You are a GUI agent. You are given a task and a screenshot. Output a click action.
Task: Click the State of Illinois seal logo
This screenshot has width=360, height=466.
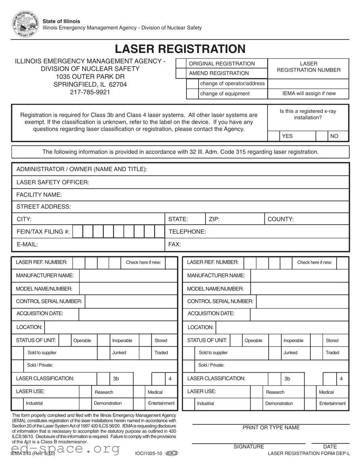(26, 25)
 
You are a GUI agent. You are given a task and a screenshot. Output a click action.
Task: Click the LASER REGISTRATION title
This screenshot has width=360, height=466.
(180, 49)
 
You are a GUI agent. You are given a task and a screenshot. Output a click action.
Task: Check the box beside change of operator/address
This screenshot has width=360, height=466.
(192, 84)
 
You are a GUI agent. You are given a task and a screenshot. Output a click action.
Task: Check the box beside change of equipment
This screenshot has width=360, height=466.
(192, 94)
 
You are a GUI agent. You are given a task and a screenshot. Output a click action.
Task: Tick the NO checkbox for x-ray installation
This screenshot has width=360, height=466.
(322, 136)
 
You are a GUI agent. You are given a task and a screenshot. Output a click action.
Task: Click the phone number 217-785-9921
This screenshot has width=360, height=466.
(90, 92)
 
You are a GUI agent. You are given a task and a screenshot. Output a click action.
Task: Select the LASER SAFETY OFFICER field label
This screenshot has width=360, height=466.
(52, 183)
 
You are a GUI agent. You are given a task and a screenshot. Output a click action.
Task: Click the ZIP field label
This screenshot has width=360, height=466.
(214, 219)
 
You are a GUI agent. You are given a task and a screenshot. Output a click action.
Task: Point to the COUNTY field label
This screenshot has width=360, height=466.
(280, 219)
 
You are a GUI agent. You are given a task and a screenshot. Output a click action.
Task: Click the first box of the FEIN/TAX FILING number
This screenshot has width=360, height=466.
(78, 232)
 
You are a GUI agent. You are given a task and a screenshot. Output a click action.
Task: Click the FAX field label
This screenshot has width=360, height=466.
(174, 244)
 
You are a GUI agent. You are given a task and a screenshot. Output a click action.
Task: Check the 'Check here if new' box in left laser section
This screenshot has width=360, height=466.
(171, 262)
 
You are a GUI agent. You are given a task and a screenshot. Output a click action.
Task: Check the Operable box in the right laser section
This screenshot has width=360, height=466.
(236, 340)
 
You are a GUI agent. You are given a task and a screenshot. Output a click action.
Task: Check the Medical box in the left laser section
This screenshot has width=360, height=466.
(139, 392)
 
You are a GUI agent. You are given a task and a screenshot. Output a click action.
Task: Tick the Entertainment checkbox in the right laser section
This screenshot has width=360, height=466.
(310, 403)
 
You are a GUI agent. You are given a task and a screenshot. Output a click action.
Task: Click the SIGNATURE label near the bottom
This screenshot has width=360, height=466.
(249, 447)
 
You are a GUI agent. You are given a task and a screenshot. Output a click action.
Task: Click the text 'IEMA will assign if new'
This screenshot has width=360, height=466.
(309, 94)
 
